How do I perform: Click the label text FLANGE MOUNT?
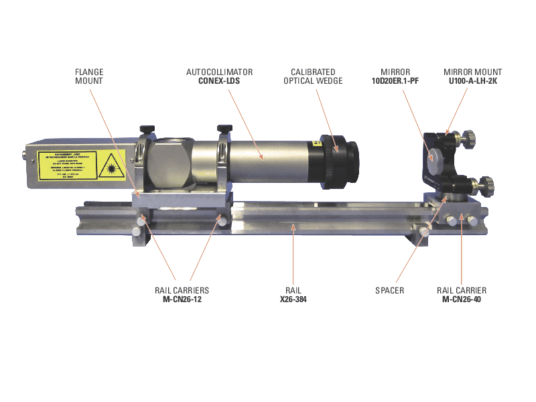88,76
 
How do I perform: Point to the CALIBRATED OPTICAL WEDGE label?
316,76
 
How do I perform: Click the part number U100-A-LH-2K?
473,81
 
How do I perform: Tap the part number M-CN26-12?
181,299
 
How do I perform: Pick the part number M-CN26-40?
462,299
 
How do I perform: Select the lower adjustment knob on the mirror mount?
484,184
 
